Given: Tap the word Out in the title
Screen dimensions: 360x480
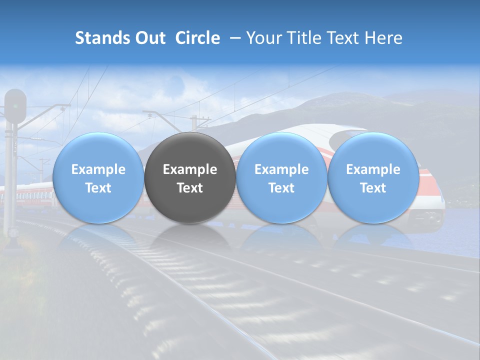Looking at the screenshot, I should tap(149, 38).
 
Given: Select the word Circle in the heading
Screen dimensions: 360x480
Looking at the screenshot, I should tap(197, 38).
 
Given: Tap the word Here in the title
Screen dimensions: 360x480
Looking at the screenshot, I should tap(383, 38).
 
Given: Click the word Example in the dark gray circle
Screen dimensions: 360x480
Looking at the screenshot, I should tap(190, 169).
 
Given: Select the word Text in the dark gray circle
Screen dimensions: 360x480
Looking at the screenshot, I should tap(190, 188).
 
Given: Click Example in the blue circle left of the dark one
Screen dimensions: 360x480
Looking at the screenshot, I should tap(98, 169).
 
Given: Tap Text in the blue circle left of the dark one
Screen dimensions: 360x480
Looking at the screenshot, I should tap(98, 188).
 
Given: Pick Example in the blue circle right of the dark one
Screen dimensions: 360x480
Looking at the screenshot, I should tap(281, 169).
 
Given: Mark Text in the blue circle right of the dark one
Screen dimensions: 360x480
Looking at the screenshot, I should tap(281, 188).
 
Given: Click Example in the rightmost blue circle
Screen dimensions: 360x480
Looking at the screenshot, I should tap(373, 169).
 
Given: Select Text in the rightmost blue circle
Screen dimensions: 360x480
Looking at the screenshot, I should tap(373, 188).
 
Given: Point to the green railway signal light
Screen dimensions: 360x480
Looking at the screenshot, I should tap(15, 105).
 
